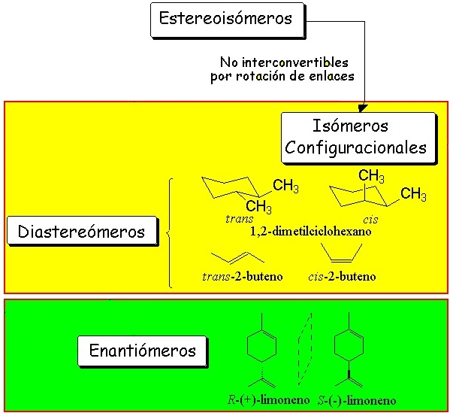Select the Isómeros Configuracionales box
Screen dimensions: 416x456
click(x=358, y=136)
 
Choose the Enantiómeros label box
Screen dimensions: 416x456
click(x=142, y=351)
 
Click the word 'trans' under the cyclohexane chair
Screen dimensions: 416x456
click(x=238, y=218)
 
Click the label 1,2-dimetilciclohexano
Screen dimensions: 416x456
click(x=310, y=230)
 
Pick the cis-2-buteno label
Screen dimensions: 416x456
click(x=342, y=276)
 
